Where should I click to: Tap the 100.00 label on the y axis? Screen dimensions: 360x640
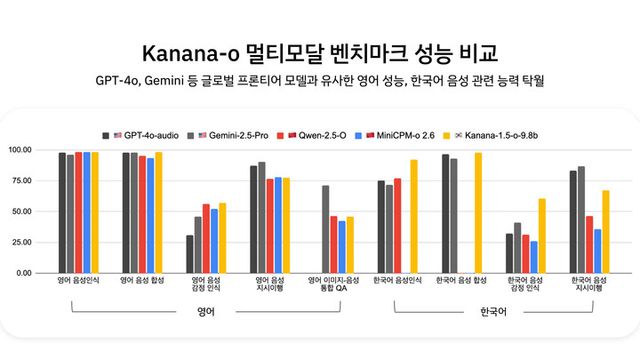20,150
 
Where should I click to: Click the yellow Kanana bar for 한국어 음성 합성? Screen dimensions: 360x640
478,213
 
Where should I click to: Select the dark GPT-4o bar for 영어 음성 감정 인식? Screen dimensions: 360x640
190,254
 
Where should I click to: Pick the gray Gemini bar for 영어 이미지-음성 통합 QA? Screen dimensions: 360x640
325,229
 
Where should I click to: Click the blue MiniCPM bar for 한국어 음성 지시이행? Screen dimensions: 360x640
598,251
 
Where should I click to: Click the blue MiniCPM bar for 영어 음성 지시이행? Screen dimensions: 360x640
278,225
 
